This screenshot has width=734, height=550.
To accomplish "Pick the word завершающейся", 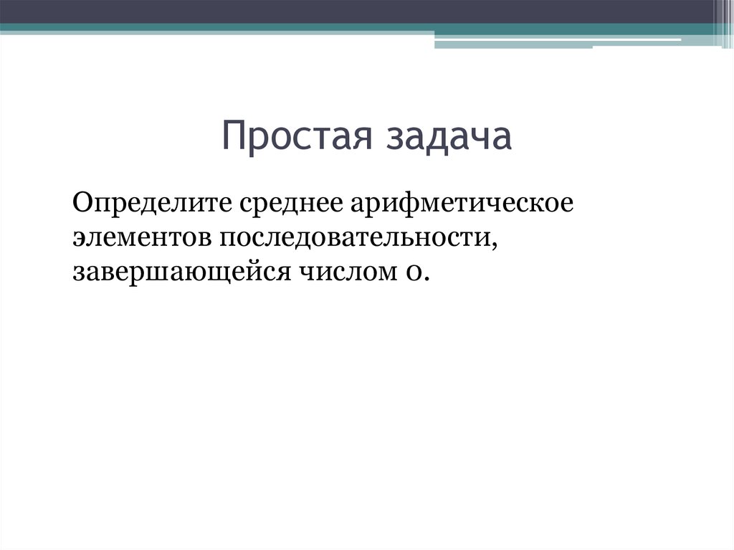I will click(x=168, y=272).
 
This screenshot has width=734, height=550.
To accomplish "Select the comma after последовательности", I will click(x=495, y=243).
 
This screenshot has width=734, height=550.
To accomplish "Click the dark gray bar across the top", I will click(x=358, y=11).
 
